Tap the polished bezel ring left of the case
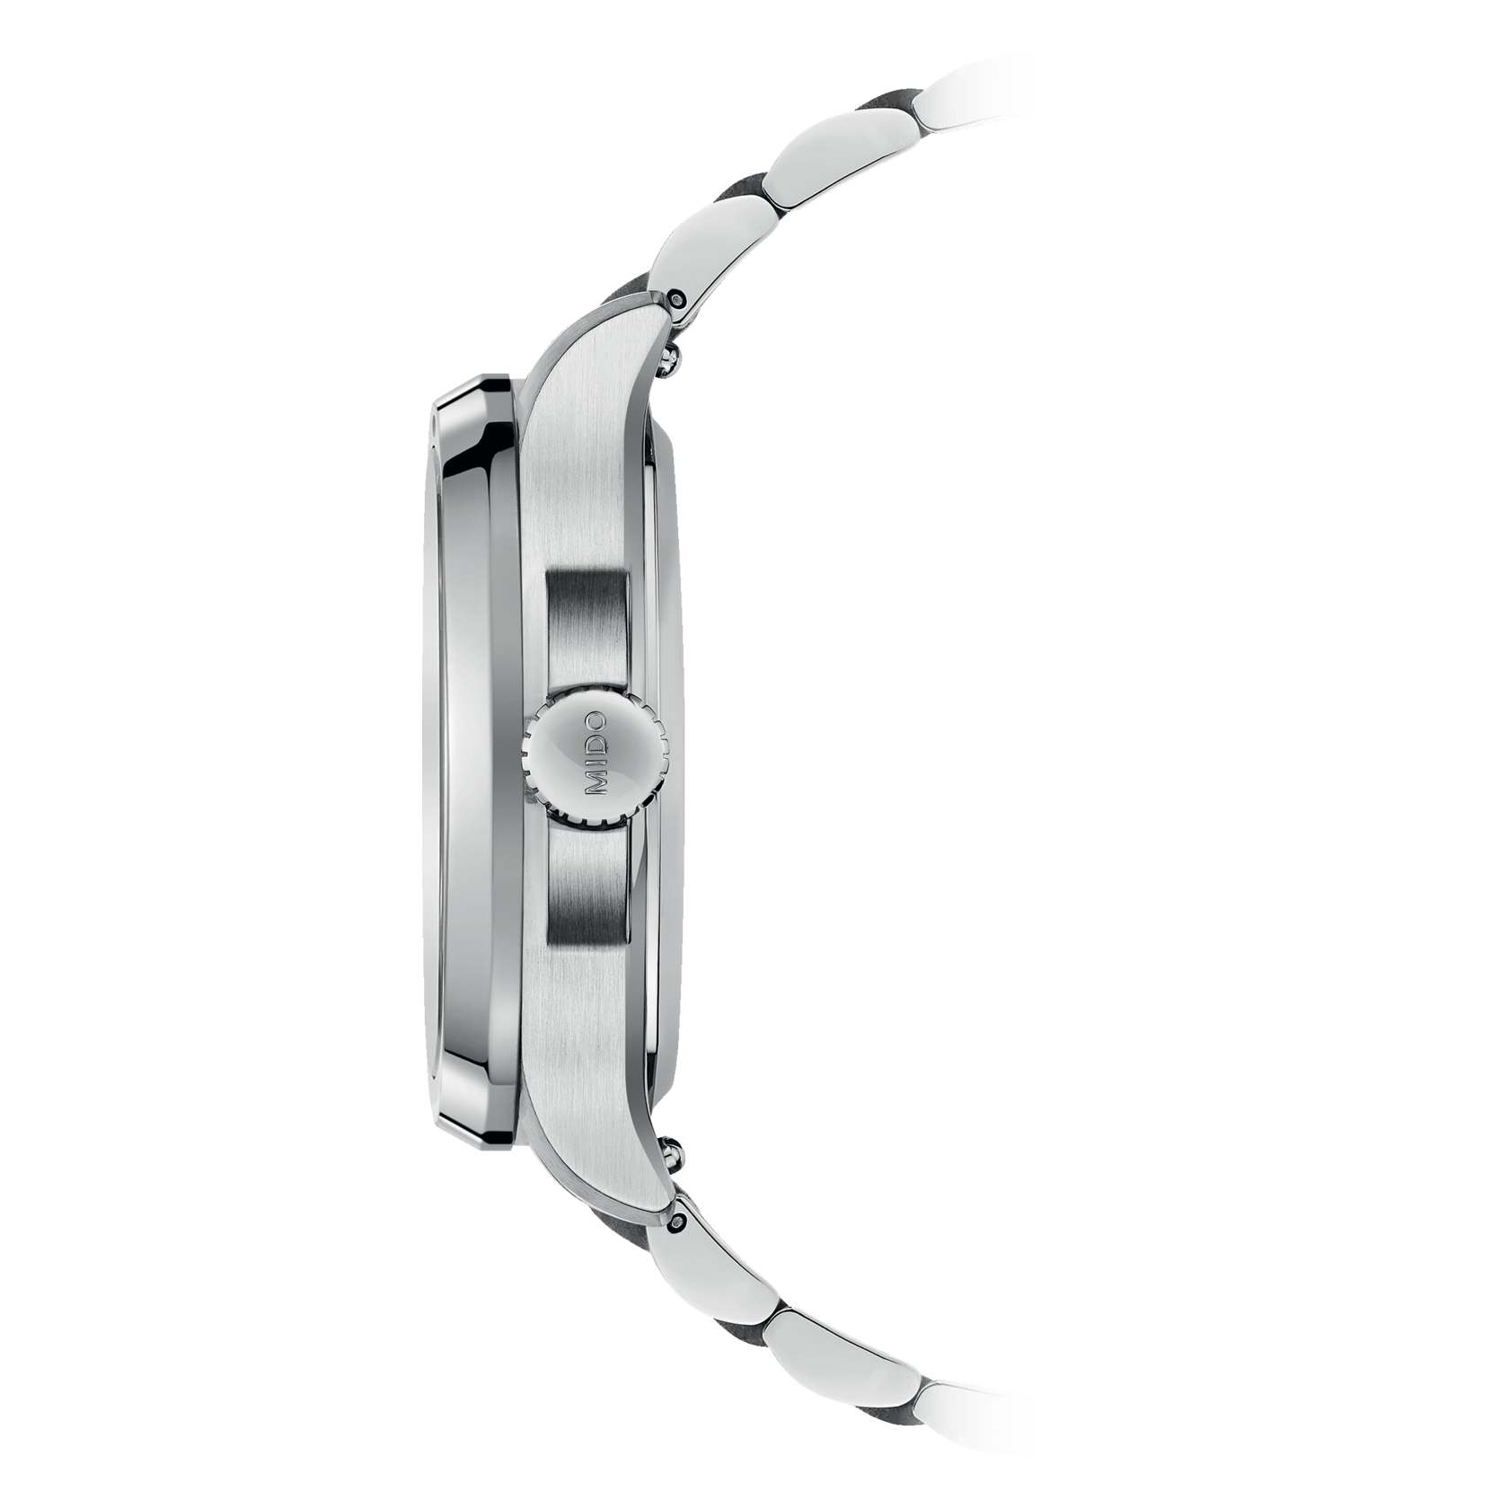click(x=472, y=754)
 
